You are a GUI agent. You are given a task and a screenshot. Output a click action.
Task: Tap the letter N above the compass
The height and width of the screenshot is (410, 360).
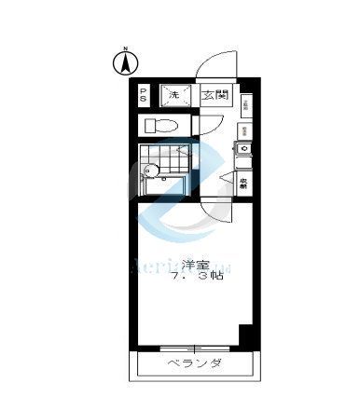[x=121, y=47]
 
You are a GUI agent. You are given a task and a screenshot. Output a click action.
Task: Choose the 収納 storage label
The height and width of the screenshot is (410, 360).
[x=242, y=184]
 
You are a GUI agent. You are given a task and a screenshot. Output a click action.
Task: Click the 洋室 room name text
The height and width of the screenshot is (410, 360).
[x=193, y=263]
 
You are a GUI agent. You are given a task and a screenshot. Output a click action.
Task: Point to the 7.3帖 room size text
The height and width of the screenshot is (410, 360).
[x=194, y=278]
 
